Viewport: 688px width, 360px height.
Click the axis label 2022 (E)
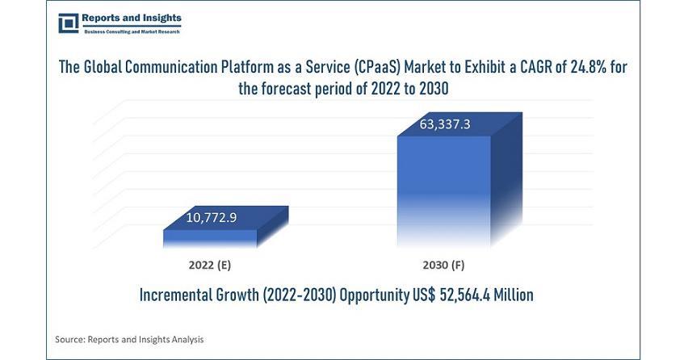tap(211, 265)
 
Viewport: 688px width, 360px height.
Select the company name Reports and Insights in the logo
tap(132, 18)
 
